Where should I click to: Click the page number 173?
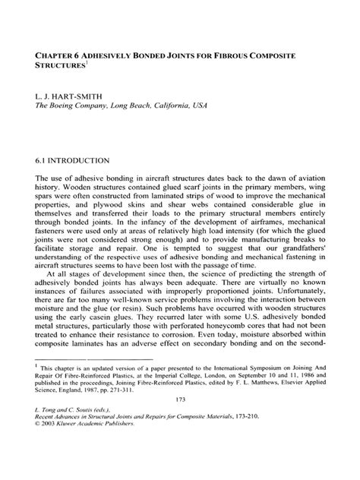coord(179,443)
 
